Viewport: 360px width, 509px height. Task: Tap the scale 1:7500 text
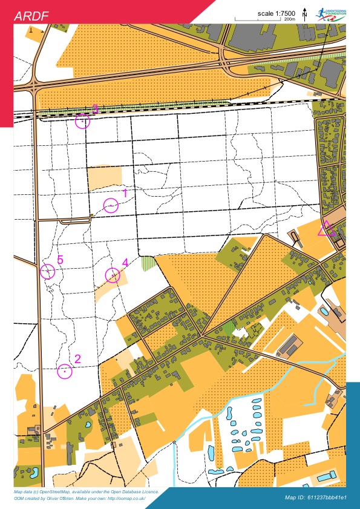276,13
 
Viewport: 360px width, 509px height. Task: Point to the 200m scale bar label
290,20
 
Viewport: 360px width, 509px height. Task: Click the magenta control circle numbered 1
110,206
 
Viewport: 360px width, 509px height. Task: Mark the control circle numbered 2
65,372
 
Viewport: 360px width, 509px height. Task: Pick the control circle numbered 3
82,122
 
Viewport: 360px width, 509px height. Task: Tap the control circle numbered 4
113,275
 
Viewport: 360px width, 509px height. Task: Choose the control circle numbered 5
47,271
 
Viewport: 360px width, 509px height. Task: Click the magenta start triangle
326,229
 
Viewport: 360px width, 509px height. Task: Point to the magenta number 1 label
125,194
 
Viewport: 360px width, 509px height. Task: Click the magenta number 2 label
77,358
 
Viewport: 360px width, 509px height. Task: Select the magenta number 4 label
125,263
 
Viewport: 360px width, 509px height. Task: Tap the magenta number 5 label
60,260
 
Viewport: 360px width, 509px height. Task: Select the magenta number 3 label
96,109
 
